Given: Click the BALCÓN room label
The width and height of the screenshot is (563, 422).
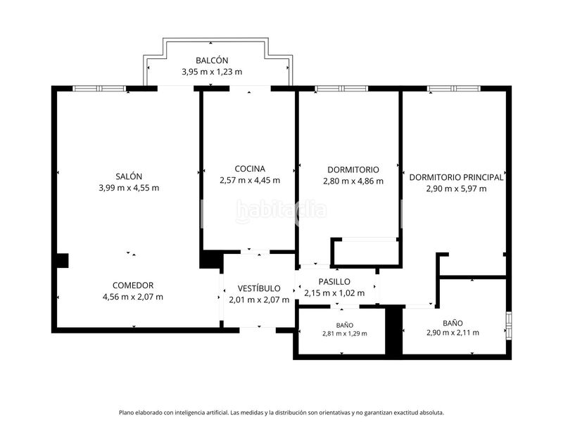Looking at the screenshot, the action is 212,60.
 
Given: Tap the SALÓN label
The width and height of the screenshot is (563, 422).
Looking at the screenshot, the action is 129,177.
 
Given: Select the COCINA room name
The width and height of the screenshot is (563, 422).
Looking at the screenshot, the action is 250,169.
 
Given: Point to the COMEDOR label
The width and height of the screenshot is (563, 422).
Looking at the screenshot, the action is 133,286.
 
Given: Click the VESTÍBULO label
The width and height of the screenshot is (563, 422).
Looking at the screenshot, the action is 259,288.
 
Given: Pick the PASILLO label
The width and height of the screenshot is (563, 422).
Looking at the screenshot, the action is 334,282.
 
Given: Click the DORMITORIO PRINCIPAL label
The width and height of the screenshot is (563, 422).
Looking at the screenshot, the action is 456,177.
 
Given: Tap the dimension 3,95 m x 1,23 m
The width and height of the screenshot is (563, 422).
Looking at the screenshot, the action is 212,72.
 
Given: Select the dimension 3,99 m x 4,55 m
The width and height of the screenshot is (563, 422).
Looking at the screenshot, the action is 129,188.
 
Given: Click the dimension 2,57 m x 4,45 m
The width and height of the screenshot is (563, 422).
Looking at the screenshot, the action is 250,180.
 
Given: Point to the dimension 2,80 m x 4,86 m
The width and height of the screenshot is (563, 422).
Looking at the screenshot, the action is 353,181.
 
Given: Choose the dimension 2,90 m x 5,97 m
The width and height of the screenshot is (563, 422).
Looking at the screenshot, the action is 456,188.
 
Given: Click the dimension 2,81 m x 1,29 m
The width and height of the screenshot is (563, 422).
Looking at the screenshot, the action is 345,333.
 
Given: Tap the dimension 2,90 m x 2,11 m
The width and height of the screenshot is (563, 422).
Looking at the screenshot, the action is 453,333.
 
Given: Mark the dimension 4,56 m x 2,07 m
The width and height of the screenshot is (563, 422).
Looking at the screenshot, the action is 133,297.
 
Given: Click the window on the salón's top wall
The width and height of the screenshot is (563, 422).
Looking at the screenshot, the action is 99,89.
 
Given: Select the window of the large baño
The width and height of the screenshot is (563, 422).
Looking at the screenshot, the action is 509,326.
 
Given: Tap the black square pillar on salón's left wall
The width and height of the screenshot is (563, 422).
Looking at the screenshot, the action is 63,260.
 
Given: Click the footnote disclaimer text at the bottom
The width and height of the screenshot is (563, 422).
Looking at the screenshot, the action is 281,413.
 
